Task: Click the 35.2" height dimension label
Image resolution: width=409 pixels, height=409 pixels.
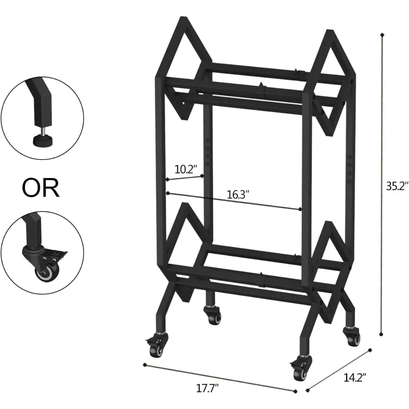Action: [x=395, y=186]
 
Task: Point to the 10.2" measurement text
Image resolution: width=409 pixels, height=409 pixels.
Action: [x=186, y=169]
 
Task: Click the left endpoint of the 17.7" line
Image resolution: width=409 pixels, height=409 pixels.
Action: [x=144, y=364]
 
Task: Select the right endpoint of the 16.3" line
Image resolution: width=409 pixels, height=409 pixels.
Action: [x=301, y=209]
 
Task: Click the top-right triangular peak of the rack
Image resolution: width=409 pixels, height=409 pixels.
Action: [x=331, y=31]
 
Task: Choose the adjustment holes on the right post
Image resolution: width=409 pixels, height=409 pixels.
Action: [x=348, y=168]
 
